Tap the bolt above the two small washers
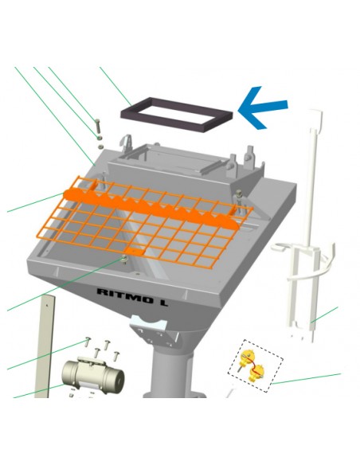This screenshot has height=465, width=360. point(97,127)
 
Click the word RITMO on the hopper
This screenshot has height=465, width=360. point(124,296)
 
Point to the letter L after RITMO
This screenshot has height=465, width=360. point(162,303)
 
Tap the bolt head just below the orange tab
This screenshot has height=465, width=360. point(123,260)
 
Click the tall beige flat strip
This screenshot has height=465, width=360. point(45,346)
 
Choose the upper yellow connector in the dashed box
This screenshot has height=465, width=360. point(247,356)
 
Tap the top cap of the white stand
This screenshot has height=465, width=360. point(315,119)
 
